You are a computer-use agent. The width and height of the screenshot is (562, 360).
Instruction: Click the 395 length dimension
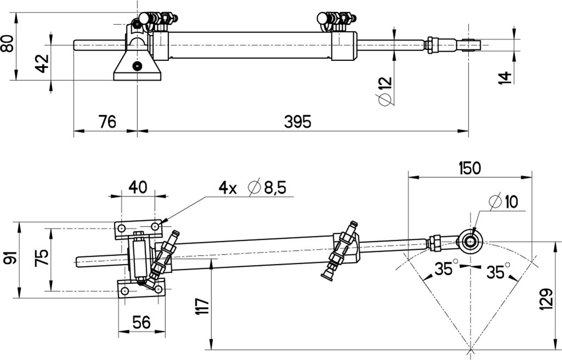297,122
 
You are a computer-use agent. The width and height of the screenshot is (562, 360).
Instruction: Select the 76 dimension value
108,122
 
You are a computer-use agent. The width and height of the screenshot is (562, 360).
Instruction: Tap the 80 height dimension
8,43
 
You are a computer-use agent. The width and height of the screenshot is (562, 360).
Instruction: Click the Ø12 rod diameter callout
385,91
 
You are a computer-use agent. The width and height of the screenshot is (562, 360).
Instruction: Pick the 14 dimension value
505,77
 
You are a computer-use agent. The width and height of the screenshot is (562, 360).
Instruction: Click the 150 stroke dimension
470,168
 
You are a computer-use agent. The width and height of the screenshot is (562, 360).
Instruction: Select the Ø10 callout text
504,201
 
